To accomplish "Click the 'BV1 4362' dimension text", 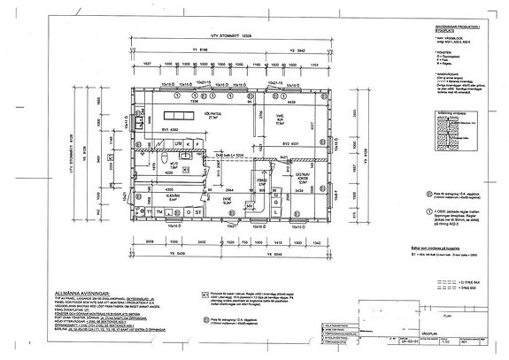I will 157,130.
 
